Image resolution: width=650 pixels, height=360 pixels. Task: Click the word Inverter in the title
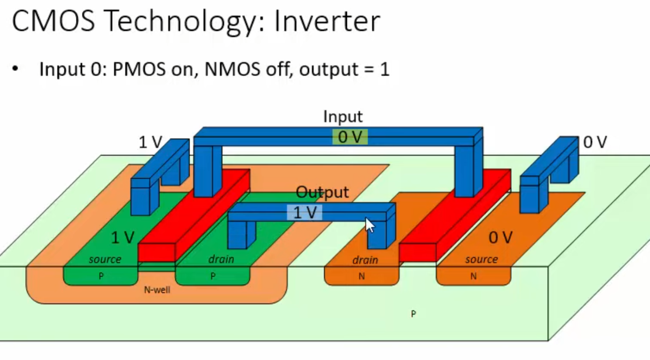(x=327, y=21)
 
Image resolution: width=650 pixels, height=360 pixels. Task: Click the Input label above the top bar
(x=342, y=117)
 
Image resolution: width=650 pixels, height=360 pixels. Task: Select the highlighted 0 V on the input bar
(x=350, y=137)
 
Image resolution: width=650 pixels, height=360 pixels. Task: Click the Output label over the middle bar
(x=322, y=192)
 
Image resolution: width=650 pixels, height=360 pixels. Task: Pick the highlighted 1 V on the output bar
(x=305, y=213)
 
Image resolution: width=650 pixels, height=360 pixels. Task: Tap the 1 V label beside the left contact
(x=150, y=142)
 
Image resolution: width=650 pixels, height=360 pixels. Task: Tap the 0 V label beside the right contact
(x=595, y=142)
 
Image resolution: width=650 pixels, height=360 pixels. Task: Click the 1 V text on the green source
(x=122, y=237)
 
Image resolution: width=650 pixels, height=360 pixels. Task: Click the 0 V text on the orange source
(x=500, y=237)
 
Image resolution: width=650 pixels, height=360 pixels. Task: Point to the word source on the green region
(x=105, y=259)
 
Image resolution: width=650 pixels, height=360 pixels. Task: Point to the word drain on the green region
(x=221, y=259)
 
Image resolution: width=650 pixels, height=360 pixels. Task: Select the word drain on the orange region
(x=365, y=260)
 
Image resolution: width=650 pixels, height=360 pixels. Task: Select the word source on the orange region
(x=481, y=259)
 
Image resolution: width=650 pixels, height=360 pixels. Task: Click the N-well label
(x=157, y=290)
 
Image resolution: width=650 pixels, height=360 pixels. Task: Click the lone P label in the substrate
(x=413, y=314)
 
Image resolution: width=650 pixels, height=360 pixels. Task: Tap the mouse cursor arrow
(x=369, y=225)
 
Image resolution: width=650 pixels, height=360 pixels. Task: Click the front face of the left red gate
(x=156, y=252)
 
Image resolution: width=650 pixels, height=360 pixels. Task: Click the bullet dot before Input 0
(x=15, y=69)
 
